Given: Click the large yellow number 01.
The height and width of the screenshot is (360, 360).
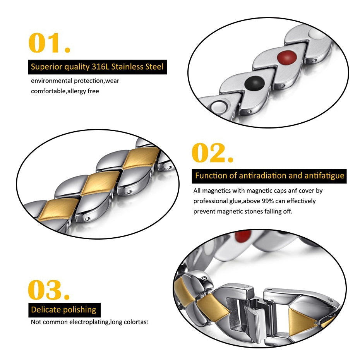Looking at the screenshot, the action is point(49,43).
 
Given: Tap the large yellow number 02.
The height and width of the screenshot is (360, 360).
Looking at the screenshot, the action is point(213,153).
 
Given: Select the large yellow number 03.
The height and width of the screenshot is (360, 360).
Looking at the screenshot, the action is point(49,290).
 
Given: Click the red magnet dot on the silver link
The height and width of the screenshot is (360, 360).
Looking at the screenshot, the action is point(287,57).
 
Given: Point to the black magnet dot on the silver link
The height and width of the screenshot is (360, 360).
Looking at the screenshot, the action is point(254,83).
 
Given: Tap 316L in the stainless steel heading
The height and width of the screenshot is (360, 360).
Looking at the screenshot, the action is point(100,67).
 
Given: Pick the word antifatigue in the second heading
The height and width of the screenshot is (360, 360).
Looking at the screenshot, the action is point(324,176).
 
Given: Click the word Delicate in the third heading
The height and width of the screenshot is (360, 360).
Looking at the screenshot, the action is point(46,310).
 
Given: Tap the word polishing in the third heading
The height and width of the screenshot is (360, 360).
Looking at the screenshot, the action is point(80,310).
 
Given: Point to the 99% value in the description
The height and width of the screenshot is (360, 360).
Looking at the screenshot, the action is point(268,201).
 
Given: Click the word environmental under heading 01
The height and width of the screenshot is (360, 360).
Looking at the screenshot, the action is point(51,81).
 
